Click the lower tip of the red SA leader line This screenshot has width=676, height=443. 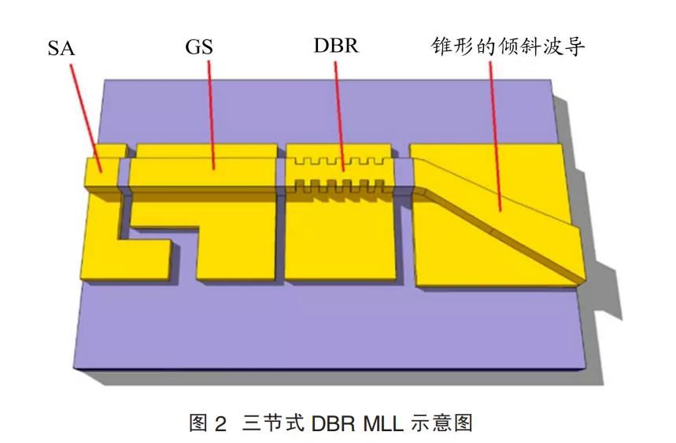pos(102,172)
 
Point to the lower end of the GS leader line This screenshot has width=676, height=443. pos(214,169)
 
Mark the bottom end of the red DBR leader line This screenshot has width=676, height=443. pos(344,171)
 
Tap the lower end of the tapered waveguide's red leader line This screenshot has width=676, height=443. pos(500,211)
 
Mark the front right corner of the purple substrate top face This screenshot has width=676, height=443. pos(587,367)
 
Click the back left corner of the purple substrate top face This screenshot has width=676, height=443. pos(105,79)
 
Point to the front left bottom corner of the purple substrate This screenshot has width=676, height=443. pos(74,370)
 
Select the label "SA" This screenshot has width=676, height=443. pos(61,48)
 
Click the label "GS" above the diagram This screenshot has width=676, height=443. pos(199,47)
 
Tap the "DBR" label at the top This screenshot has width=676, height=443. pos(336,46)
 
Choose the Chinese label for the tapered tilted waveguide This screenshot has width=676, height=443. pos(508,46)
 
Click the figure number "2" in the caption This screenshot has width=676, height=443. pos(220,424)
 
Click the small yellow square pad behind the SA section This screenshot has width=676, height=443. pos(111,151)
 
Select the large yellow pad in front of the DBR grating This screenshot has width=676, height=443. pos(340,237)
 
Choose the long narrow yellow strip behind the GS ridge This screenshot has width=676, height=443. pos(206,151)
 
